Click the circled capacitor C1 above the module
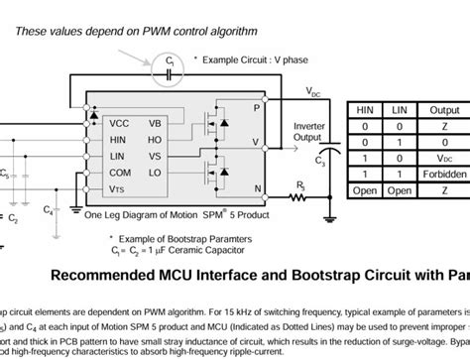(x=169, y=67)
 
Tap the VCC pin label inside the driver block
(x=119, y=123)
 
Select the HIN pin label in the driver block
(x=119, y=140)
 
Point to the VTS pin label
(x=118, y=188)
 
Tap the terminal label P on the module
(x=257, y=106)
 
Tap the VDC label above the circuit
(x=315, y=94)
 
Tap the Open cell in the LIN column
(x=402, y=185)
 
